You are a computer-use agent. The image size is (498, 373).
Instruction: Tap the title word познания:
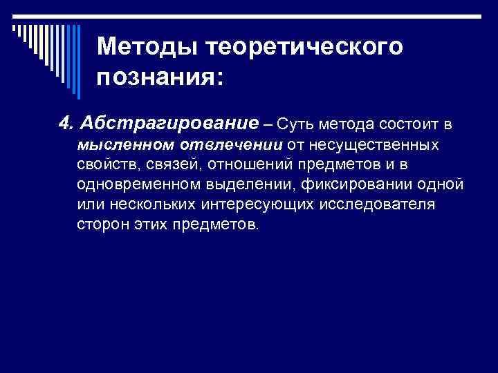(160, 77)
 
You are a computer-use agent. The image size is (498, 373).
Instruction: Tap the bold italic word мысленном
(120, 144)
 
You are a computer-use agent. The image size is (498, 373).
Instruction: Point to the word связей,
(170, 164)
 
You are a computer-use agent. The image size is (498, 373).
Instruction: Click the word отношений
(250, 164)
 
